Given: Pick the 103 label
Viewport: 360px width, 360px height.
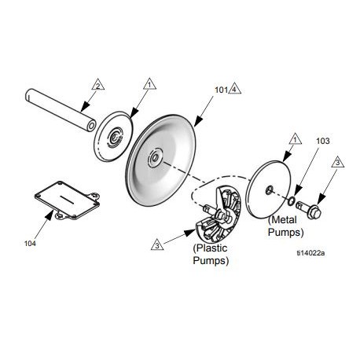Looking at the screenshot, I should (322, 141).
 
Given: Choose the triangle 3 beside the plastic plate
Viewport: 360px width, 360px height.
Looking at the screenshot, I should (157, 246).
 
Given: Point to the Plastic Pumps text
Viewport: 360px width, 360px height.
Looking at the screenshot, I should (211, 255).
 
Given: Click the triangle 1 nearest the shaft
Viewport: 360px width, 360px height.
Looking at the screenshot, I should (147, 84).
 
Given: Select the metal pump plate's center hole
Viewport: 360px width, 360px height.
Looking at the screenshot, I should (269, 189).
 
